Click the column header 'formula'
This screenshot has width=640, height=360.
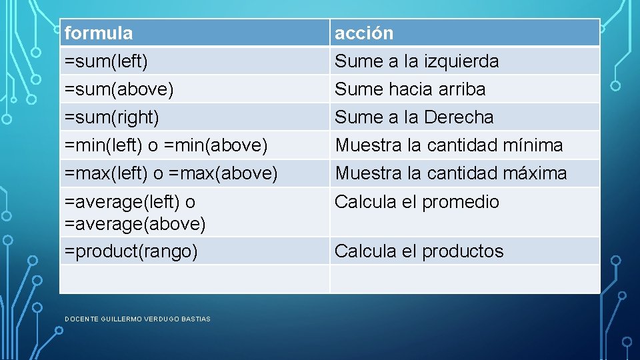click(x=99, y=33)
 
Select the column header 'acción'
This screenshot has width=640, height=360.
click(x=364, y=33)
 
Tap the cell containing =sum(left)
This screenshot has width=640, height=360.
click(x=106, y=61)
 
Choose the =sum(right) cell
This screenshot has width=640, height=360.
click(x=111, y=117)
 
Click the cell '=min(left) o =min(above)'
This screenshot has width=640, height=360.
click(x=166, y=145)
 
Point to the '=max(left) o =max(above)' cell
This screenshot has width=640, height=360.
click(x=171, y=173)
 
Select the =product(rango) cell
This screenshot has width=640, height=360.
click(x=131, y=251)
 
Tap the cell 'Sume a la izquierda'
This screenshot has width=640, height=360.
click(x=417, y=61)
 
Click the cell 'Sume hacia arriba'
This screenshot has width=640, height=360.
click(x=410, y=89)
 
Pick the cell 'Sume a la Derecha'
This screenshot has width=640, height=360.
click(x=414, y=117)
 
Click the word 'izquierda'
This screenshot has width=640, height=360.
click(x=461, y=61)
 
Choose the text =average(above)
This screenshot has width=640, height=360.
click(x=135, y=224)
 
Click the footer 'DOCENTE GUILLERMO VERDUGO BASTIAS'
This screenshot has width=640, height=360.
click(x=137, y=319)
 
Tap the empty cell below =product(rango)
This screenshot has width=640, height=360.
click(x=194, y=279)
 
